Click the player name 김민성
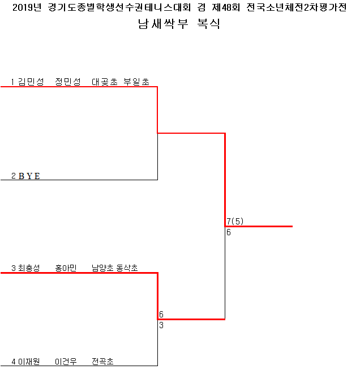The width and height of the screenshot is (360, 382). click(x=31, y=82)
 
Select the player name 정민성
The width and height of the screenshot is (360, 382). click(x=68, y=82)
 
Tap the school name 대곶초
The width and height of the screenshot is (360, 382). click(x=105, y=82)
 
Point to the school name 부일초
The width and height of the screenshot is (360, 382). click(x=136, y=82)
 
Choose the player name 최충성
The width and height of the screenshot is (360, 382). click(x=29, y=268)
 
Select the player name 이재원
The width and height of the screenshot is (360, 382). click(x=29, y=361)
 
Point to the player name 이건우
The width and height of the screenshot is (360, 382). click(x=66, y=361)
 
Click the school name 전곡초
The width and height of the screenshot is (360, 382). click(x=102, y=361)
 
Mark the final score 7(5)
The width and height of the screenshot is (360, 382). click(x=235, y=221)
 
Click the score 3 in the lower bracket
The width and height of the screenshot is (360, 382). click(x=161, y=325)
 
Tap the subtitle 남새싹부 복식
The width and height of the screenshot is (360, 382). click(x=179, y=24)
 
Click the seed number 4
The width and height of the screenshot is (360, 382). click(x=13, y=361)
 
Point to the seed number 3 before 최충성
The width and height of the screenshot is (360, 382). click(x=13, y=268)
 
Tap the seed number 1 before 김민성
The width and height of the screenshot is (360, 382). click(x=13, y=82)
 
